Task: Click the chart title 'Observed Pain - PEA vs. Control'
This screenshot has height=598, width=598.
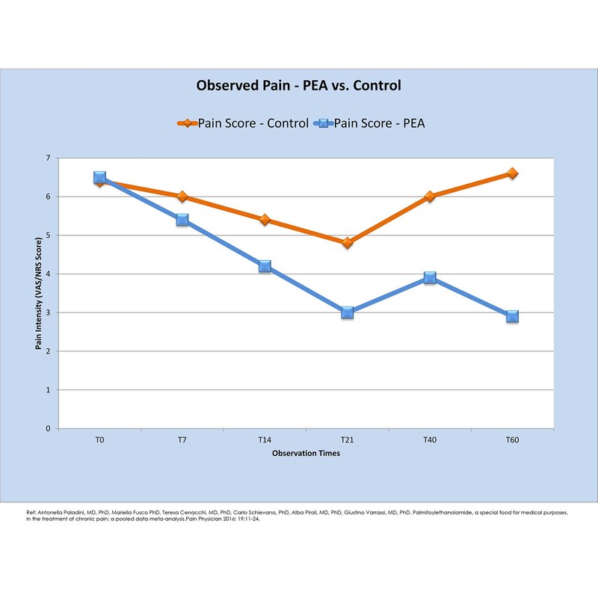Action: click(x=298, y=86)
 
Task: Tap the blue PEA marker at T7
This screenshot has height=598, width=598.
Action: click(x=182, y=220)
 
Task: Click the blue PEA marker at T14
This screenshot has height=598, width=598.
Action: click(x=265, y=266)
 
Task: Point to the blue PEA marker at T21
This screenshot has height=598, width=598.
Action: click(x=347, y=312)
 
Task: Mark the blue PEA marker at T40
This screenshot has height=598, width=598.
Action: click(x=430, y=277)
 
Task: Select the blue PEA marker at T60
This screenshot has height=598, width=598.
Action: click(x=512, y=316)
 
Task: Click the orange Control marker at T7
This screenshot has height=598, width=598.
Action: click(x=182, y=197)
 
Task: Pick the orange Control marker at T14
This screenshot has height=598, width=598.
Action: click(x=265, y=220)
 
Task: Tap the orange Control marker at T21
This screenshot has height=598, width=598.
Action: click(x=347, y=243)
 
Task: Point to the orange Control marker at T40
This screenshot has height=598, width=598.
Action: click(x=430, y=197)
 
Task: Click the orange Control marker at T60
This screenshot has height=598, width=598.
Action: click(x=512, y=173)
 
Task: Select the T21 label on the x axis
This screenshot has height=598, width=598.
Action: click(x=347, y=440)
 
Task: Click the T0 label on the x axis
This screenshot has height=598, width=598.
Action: click(x=99, y=440)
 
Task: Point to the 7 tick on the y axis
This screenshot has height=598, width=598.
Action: click(x=47, y=158)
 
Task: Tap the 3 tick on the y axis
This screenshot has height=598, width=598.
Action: click(x=47, y=312)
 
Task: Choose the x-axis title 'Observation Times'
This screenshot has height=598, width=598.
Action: click(x=306, y=454)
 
